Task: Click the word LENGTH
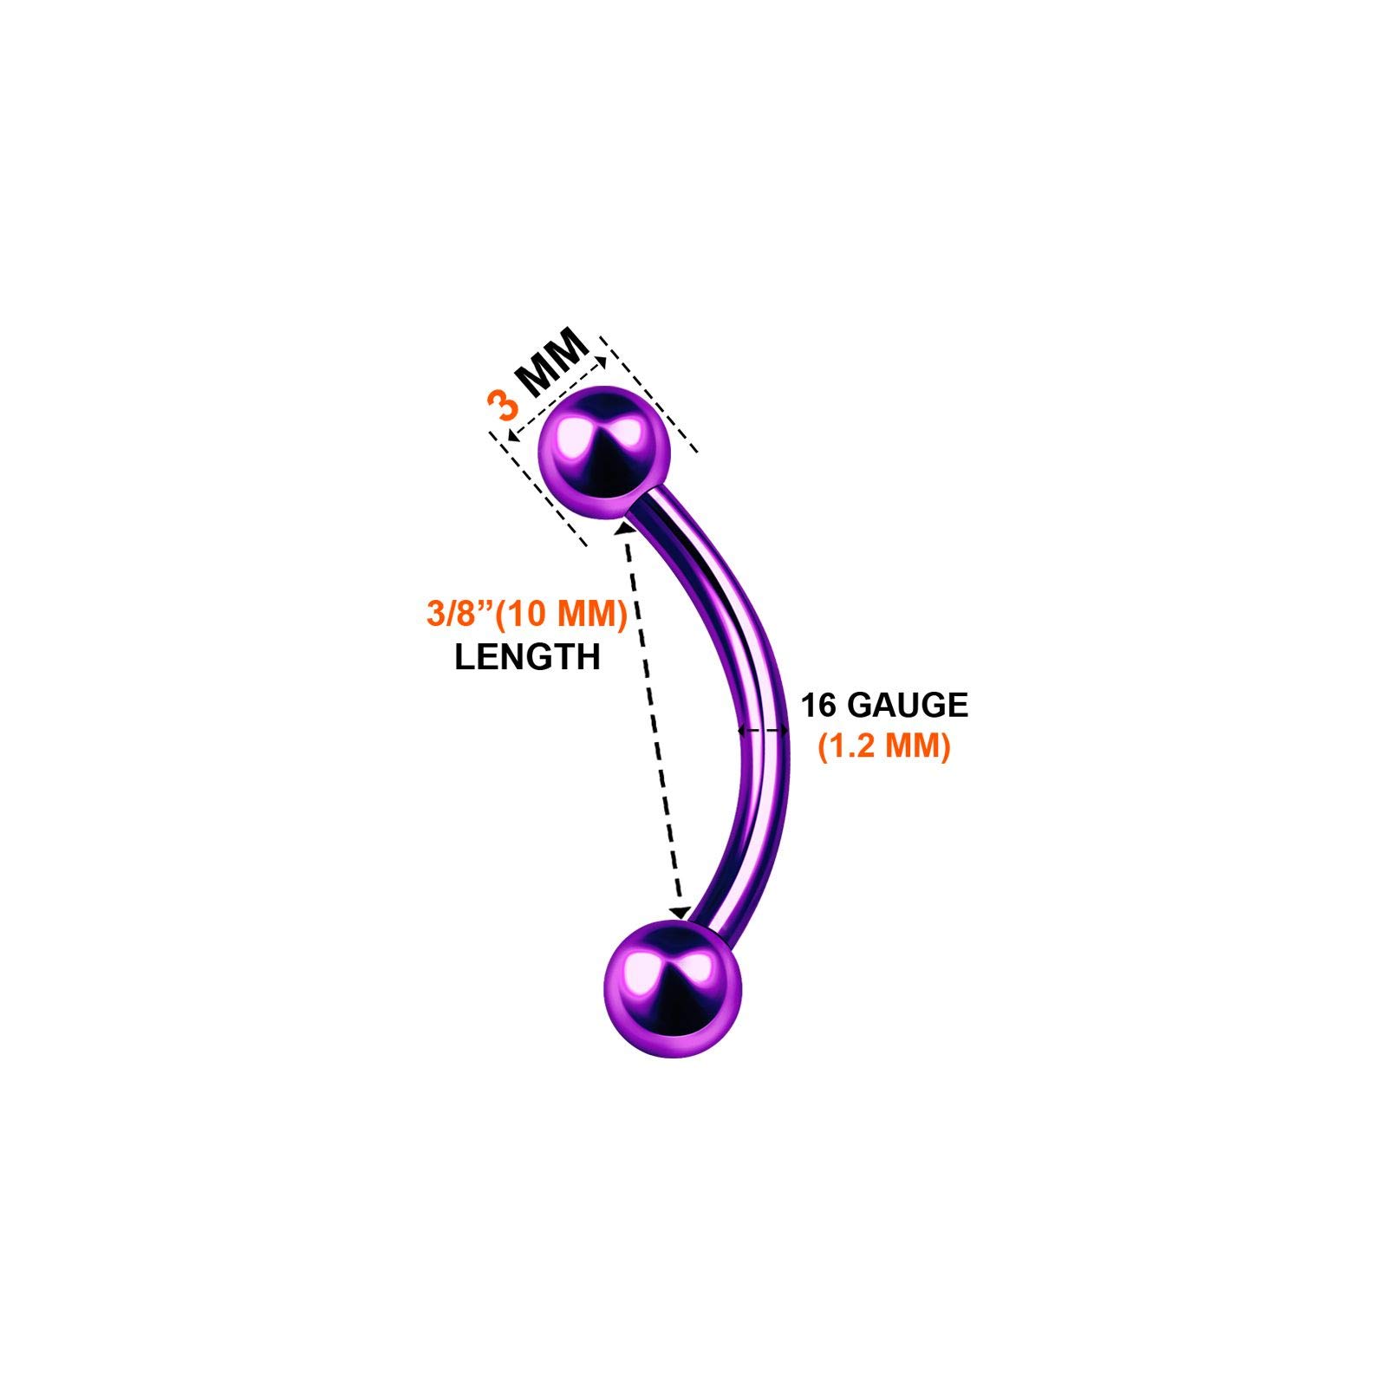(x=527, y=657)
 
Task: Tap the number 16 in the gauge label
(x=819, y=705)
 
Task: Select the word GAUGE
(x=907, y=705)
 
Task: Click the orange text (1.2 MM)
(x=884, y=746)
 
